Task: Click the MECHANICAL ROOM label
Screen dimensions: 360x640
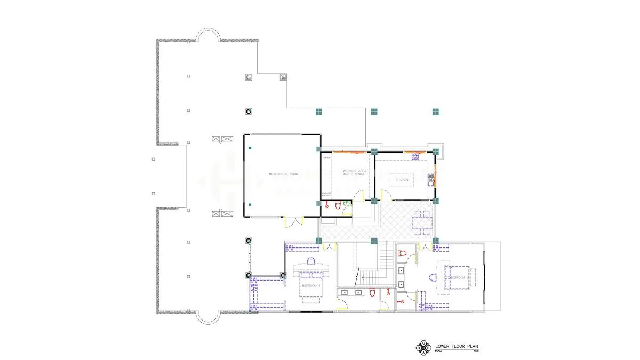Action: [x=282, y=174]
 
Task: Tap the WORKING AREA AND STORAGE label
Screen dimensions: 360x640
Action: [x=354, y=172]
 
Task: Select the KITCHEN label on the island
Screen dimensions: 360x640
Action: [x=402, y=180]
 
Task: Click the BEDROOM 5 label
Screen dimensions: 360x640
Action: [x=459, y=278]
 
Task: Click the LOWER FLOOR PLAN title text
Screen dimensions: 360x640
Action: [x=457, y=346]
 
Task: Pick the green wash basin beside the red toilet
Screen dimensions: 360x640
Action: [x=347, y=204]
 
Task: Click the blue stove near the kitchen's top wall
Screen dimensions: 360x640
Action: [x=414, y=156]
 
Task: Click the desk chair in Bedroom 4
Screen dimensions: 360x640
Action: [x=310, y=261]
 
